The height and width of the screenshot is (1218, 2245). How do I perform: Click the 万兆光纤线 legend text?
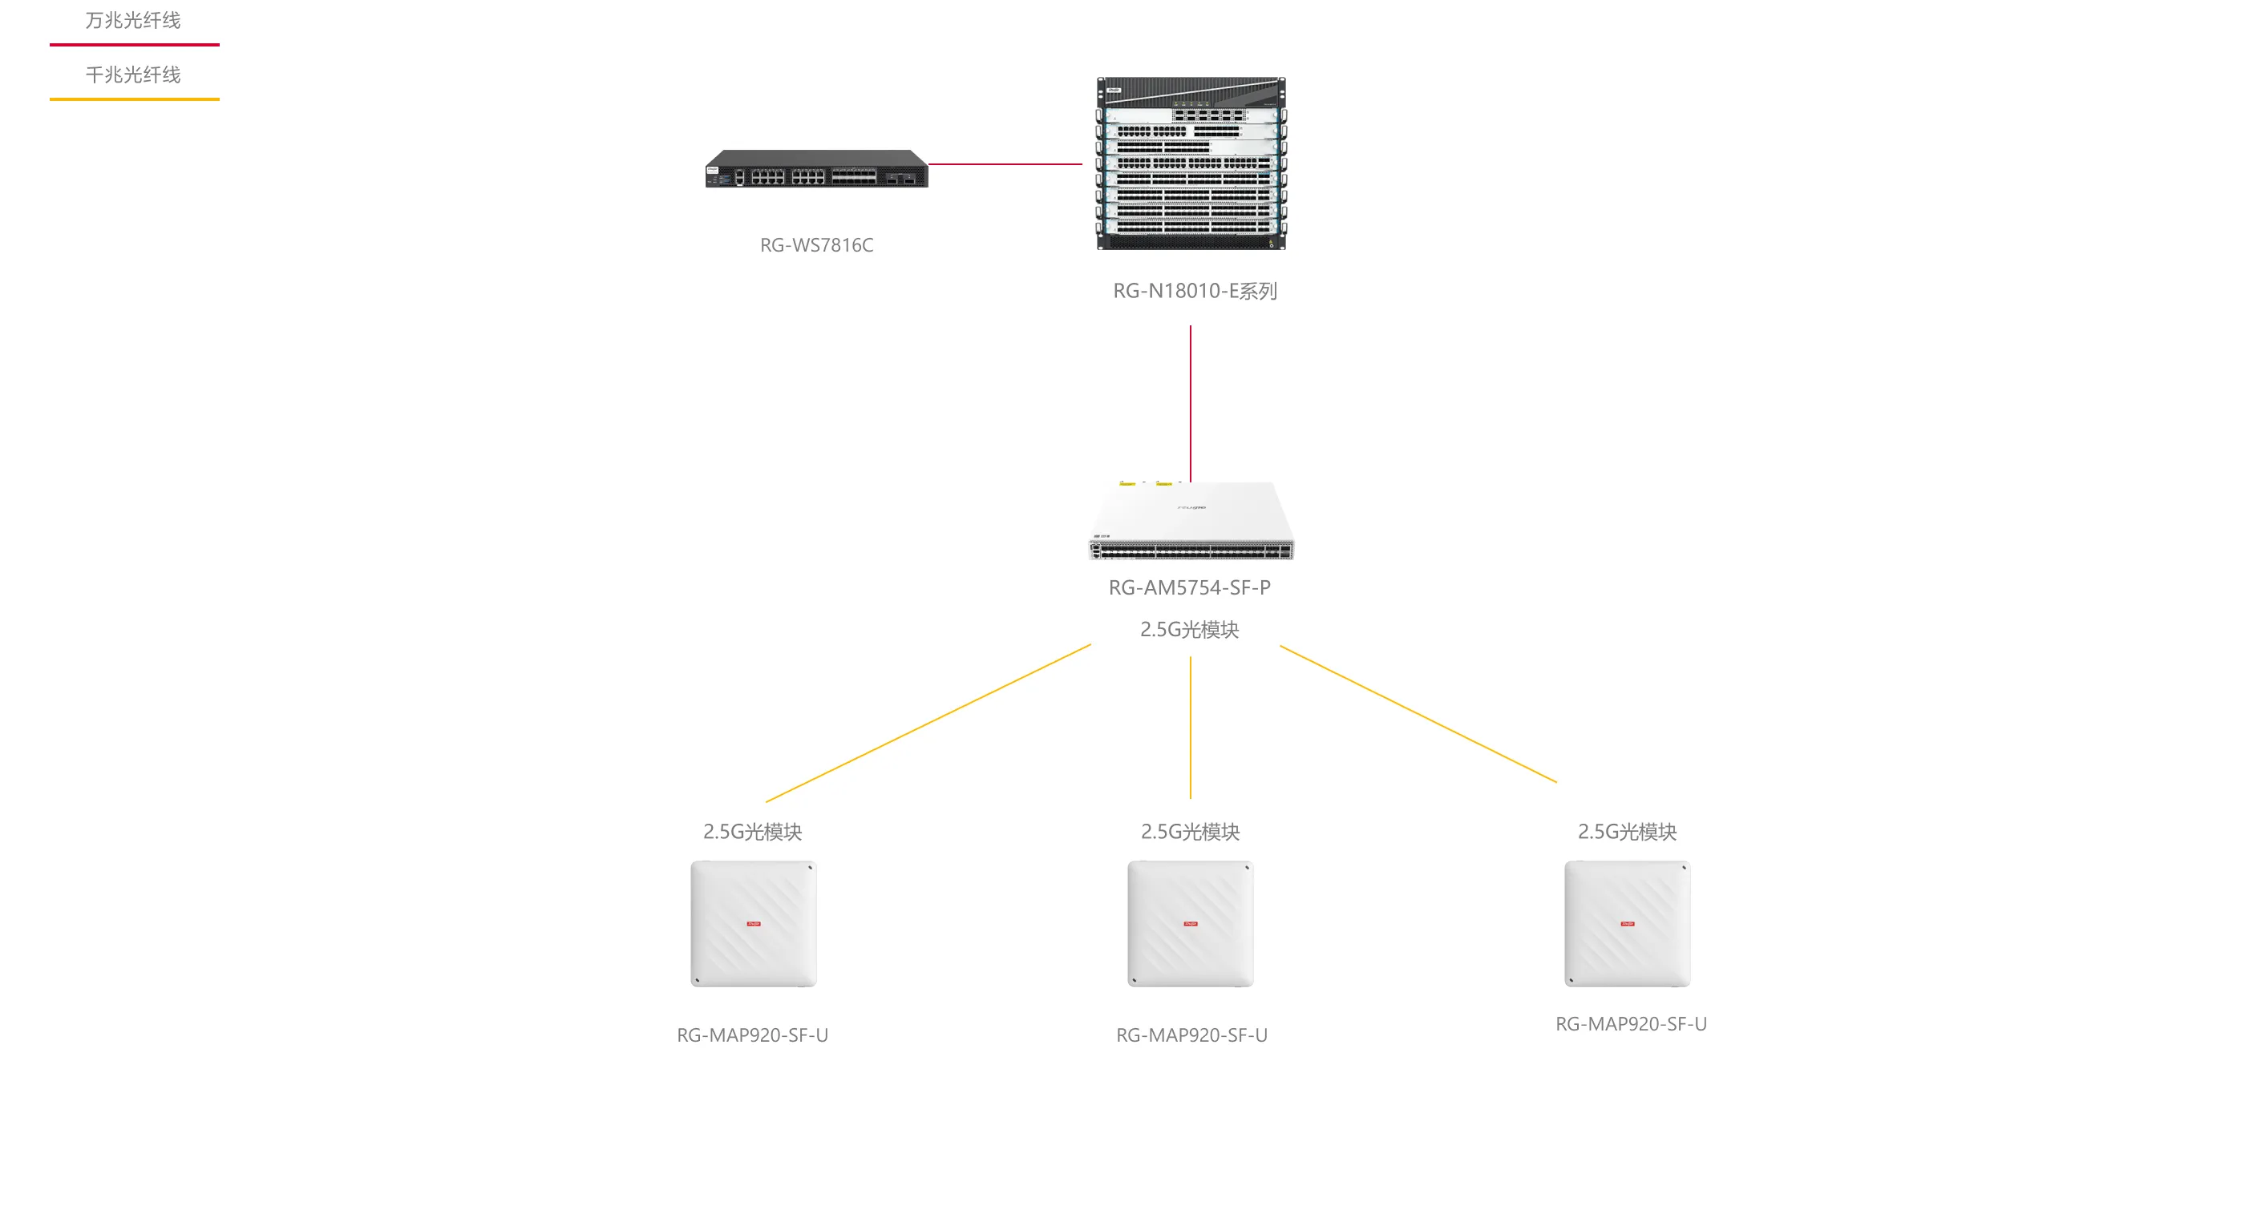(133, 20)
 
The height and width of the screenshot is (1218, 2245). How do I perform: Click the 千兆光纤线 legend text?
(133, 75)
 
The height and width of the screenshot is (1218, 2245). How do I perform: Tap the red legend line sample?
(134, 44)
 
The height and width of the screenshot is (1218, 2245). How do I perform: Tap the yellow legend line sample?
(134, 99)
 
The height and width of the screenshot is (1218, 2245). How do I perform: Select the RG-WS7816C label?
(816, 246)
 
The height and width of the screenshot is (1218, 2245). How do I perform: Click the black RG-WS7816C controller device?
(816, 169)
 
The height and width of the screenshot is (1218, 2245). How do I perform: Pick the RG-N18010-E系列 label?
(1195, 291)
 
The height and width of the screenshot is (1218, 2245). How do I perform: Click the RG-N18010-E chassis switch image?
(1191, 163)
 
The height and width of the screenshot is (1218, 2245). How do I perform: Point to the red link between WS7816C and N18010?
(1005, 163)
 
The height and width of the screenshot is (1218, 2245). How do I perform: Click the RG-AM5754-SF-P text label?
(1190, 588)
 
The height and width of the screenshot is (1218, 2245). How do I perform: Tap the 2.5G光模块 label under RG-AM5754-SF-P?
(1190, 630)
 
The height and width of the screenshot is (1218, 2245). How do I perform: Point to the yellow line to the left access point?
(928, 723)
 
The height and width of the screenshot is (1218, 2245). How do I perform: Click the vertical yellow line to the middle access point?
(1191, 728)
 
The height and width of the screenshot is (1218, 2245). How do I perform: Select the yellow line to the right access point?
(1418, 713)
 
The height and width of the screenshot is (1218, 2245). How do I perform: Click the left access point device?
(754, 924)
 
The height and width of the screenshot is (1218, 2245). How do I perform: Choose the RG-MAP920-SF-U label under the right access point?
(1631, 1025)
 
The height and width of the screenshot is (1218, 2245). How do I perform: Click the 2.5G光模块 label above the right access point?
(1627, 832)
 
